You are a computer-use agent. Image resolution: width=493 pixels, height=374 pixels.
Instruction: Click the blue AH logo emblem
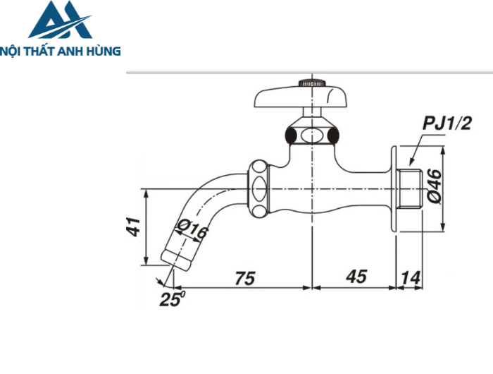point(60,20)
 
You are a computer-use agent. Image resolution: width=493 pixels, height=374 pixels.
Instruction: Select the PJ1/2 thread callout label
point(447,124)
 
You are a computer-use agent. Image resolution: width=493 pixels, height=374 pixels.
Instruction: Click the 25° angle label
point(171,298)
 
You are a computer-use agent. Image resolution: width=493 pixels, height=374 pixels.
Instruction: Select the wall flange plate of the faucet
point(394,189)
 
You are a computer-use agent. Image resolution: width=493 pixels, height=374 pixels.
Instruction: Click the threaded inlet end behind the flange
point(411,189)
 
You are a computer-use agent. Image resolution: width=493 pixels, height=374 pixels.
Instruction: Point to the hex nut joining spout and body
point(258,189)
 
